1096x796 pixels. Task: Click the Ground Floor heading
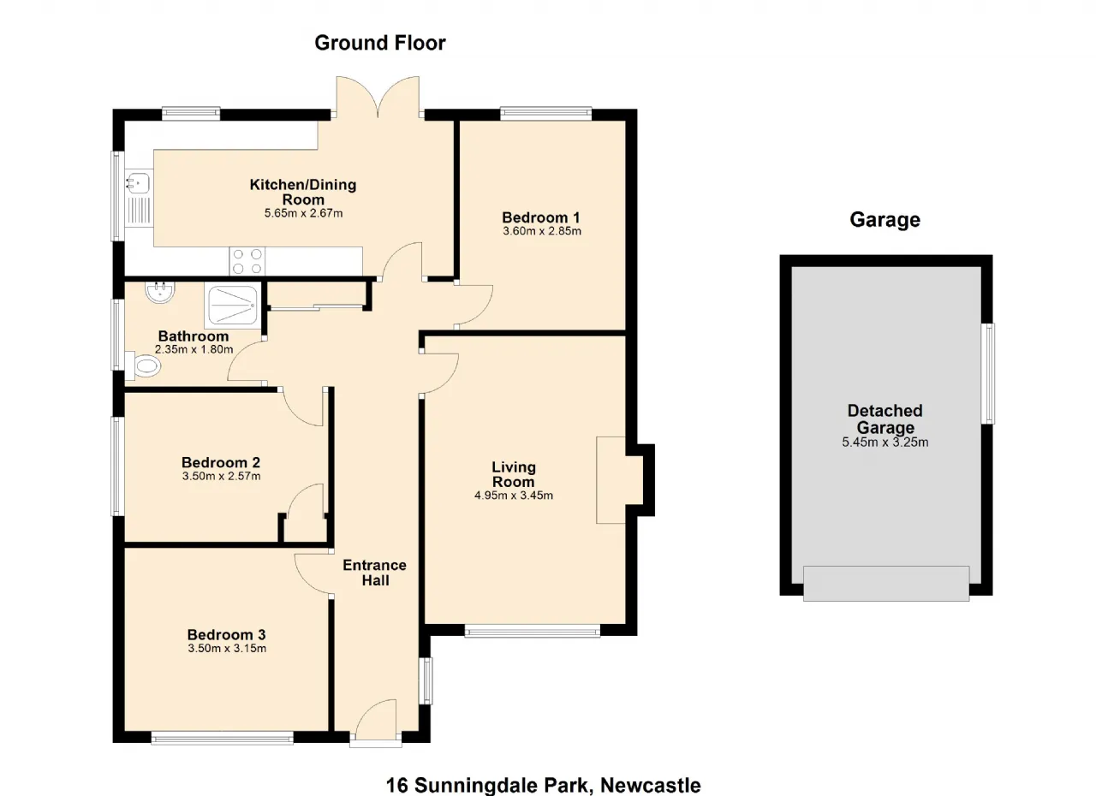pos(379,43)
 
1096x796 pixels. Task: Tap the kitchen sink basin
pos(139,183)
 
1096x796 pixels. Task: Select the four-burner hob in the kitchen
pos(247,261)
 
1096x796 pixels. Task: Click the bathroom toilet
pos(143,365)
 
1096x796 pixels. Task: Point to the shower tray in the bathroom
pos(232,306)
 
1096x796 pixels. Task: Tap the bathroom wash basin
pos(159,292)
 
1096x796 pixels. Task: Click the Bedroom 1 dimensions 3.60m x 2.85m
pos(542,231)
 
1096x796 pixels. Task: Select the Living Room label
pos(513,474)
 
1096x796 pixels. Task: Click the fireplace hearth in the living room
pos(611,480)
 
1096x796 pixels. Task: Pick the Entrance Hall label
pos(375,573)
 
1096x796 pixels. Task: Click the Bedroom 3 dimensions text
pos(227,648)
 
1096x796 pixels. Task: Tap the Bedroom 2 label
pos(221,462)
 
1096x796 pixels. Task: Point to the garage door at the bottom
pos(886,584)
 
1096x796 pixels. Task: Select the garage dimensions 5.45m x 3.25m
pos(885,443)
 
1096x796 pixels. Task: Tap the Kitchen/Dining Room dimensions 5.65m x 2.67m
pos(303,213)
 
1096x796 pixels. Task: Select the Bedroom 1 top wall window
pos(545,114)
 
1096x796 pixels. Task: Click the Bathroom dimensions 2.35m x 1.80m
pos(194,349)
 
